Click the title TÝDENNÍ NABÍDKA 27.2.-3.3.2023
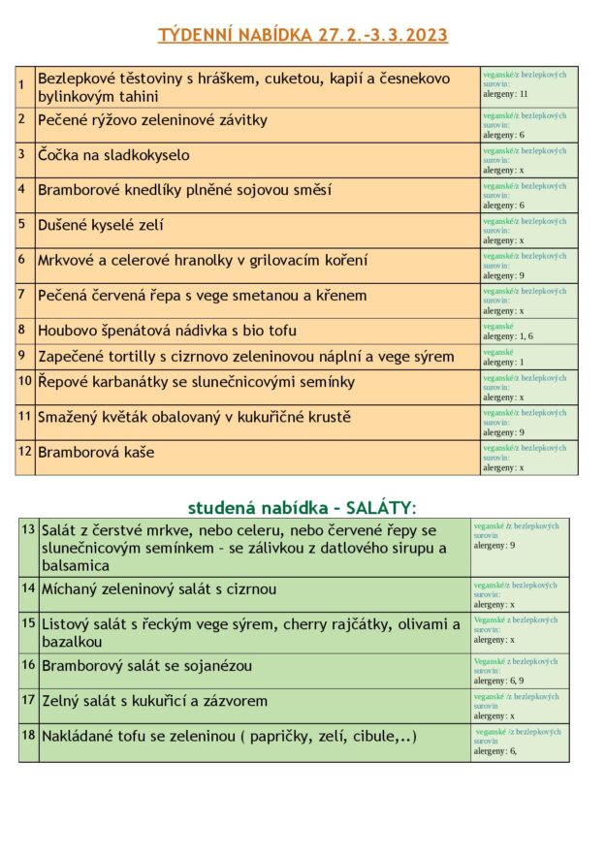click(x=303, y=36)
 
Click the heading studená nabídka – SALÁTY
click(x=302, y=507)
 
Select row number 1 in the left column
click(x=21, y=85)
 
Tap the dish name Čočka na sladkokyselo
click(x=113, y=155)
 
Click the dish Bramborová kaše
click(x=96, y=453)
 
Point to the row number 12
click(x=24, y=451)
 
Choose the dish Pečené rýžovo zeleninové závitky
click(x=152, y=120)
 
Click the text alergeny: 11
click(x=504, y=94)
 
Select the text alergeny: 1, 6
click(x=507, y=336)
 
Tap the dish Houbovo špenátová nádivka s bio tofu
click(x=167, y=331)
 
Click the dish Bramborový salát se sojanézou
click(x=146, y=665)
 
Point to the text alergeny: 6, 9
click(x=498, y=681)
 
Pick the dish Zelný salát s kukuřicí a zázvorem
click(x=154, y=701)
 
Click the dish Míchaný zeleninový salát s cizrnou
click(x=159, y=588)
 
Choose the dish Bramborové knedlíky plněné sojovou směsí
click(x=184, y=190)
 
